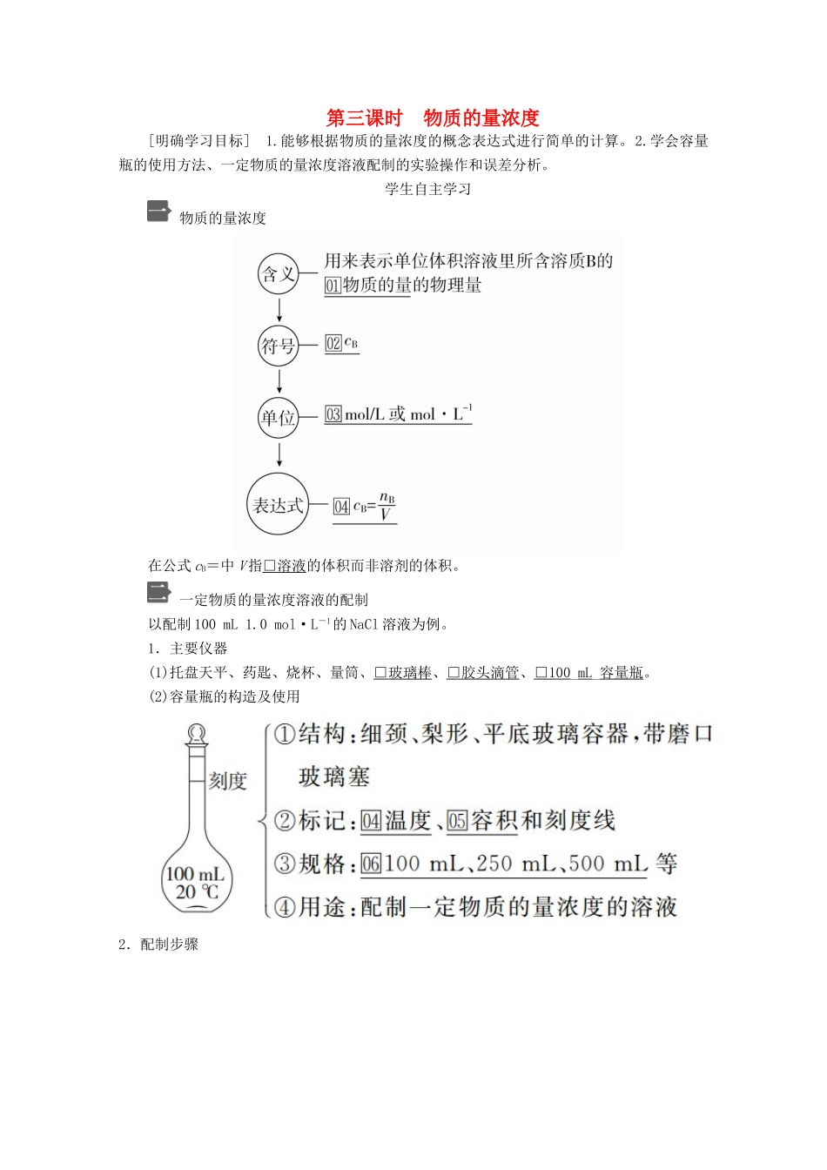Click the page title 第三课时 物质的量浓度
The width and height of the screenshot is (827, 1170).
[433, 118]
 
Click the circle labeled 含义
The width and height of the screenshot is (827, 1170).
[279, 274]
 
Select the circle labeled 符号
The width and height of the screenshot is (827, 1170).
[279, 346]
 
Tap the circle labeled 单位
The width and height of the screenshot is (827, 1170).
[279, 417]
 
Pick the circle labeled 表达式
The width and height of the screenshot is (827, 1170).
[279, 505]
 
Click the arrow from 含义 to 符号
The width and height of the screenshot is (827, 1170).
[279, 310]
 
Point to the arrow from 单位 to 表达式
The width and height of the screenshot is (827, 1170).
[279, 454]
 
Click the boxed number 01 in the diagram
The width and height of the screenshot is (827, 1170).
[333, 286]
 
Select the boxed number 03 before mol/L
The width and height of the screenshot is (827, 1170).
[333, 414]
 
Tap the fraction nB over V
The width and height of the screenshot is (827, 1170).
[387, 507]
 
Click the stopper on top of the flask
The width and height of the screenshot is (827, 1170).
[198, 735]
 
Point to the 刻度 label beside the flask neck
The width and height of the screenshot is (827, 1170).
[228, 781]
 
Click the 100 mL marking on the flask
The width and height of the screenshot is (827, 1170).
[195, 873]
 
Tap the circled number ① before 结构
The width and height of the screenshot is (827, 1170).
[284, 734]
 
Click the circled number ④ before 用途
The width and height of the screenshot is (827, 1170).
[285, 907]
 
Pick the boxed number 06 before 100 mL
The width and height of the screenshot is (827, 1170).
[371, 864]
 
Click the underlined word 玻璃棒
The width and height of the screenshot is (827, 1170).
[409, 672]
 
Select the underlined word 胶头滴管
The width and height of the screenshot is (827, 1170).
[489, 672]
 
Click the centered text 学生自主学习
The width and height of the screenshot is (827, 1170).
[427, 189]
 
